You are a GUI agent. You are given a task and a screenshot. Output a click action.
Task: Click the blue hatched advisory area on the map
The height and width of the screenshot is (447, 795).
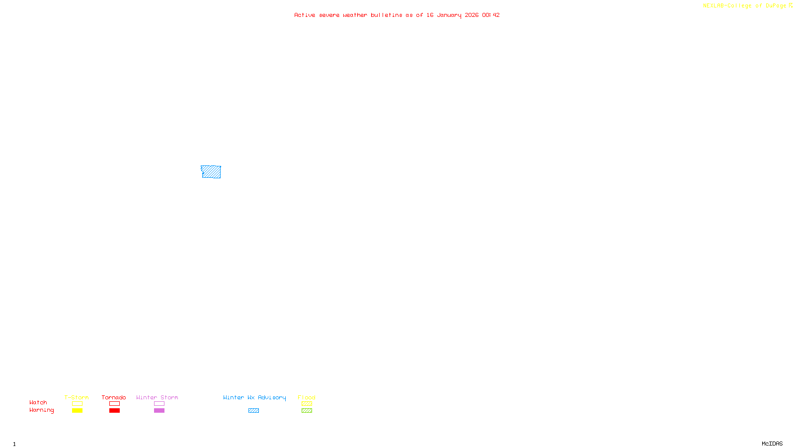(x=211, y=172)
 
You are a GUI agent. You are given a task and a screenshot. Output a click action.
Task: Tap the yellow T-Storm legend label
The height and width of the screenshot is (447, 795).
(x=77, y=397)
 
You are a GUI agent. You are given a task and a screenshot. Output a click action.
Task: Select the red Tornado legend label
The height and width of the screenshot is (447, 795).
(x=114, y=397)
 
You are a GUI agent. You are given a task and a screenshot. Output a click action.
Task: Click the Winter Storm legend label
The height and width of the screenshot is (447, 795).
(x=157, y=397)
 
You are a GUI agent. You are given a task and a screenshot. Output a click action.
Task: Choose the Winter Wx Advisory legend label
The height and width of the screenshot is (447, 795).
(x=254, y=397)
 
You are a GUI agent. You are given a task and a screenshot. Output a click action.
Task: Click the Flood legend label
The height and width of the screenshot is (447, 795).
(x=307, y=397)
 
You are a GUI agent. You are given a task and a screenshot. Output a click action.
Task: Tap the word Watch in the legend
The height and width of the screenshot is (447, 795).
(x=38, y=402)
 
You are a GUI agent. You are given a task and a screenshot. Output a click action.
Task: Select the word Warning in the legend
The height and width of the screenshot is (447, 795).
(x=41, y=410)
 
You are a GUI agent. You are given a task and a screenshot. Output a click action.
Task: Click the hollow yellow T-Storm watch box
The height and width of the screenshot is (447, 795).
(x=77, y=404)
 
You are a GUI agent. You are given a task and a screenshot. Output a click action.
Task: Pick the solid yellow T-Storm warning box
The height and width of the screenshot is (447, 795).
(x=77, y=411)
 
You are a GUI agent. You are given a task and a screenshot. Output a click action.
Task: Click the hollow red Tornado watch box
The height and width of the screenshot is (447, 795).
(x=114, y=404)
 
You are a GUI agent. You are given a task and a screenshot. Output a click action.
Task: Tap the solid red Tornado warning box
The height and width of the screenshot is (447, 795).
(x=114, y=411)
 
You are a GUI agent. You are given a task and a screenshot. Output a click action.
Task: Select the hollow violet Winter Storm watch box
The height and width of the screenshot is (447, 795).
(x=159, y=404)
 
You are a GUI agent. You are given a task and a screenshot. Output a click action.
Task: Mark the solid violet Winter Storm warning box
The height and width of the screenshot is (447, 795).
(x=159, y=411)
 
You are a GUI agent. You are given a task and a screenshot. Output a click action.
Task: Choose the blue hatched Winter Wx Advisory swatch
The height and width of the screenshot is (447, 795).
(x=253, y=411)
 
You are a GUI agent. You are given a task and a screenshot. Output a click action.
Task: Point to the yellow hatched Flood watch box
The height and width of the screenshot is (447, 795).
(x=307, y=404)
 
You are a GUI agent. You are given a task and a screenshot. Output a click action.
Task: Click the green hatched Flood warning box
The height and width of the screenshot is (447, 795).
(x=307, y=411)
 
